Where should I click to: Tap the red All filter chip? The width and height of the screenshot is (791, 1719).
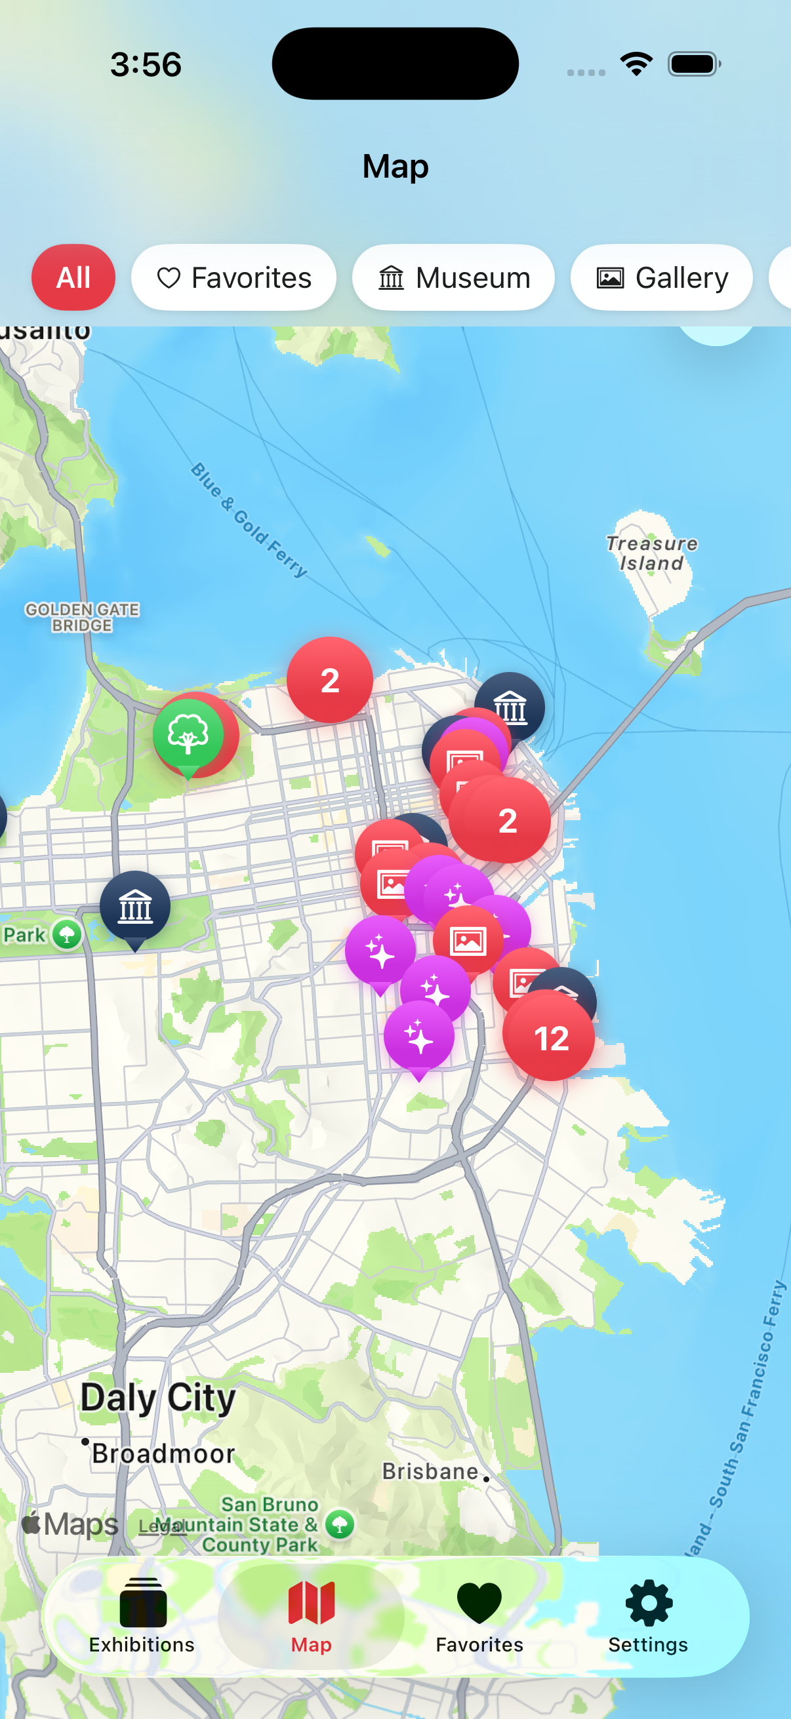pos(73,277)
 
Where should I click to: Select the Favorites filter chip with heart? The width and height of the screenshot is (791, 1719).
pos(233,277)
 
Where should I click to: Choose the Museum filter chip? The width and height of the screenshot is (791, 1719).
pos(453,277)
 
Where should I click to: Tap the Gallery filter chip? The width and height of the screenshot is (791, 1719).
pos(661,277)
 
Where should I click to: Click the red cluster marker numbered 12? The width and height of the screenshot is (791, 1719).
pos(550,1038)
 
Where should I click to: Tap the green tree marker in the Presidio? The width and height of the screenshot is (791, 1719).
pos(188,734)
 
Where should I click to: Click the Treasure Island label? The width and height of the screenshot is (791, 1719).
pos(651,553)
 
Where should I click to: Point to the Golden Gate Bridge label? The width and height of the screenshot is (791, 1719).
pos(82,618)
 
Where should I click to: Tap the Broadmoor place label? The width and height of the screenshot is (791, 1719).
pos(163,1453)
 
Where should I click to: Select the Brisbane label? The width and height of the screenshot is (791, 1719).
pos(430,1471)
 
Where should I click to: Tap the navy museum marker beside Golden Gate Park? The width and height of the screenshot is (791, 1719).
pos(136,907)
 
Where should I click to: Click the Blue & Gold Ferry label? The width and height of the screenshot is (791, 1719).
pos(250,521)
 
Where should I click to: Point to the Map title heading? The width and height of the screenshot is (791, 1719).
pos(395,166)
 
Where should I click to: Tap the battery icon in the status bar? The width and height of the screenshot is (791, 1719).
pos(693,64)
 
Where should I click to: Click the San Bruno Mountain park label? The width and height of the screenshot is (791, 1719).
pos(260,1524)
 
